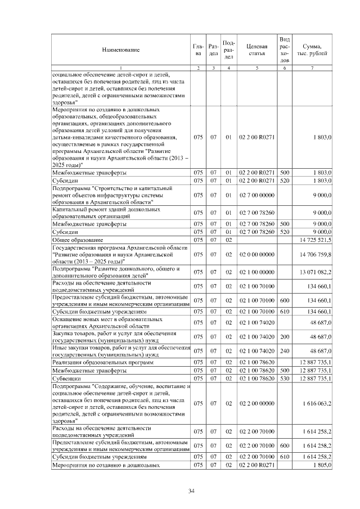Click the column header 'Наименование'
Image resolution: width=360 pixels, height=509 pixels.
121,49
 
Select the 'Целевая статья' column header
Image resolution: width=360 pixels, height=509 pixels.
256,49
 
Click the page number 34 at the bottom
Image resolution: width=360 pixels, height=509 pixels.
191,492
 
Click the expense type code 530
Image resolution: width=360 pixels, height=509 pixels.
284,379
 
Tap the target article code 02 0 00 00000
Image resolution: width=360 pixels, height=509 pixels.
256,254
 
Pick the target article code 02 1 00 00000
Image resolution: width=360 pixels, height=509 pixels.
256,272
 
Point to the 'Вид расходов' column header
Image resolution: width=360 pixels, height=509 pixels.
284,49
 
